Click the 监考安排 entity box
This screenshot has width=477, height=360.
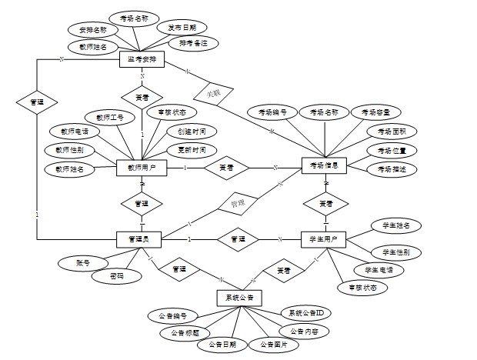tap(142, 60)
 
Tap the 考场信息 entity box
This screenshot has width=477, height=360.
tap(325, 166)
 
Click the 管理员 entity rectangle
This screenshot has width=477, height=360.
tap(138, 239)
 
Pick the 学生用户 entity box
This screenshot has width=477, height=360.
tap(324, 240)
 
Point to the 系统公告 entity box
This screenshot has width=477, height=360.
tap(241, 297)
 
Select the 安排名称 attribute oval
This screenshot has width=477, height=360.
tap(93, 30)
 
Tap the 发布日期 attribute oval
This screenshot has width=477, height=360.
tap(182, 28)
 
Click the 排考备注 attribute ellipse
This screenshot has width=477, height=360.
tap(194, 43)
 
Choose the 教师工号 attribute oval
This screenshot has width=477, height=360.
tap(110, 118)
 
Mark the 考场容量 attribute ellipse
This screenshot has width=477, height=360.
tap(375, 112)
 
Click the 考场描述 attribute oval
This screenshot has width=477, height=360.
tap(392, 168)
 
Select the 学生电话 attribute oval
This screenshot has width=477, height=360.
tap(379, 269)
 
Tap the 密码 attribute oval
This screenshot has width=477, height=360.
tap(116, 275)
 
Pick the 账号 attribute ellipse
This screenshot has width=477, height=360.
tap(83, 263)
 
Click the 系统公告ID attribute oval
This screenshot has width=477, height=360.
tap(305, 313)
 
